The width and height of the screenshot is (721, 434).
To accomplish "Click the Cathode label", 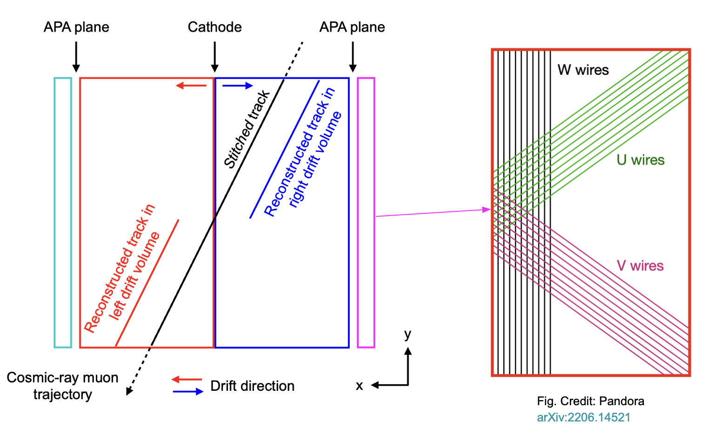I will (x=214, y=27).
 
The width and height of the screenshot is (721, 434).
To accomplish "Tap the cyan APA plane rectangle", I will (x=63, y=212).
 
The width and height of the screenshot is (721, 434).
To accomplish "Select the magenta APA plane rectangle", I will (x=366, y=212).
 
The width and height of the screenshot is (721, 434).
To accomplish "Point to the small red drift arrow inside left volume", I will (x=191, y=85).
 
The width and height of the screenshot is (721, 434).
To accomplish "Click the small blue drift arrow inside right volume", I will (x=238, y=85).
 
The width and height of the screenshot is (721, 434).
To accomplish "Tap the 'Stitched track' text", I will (x=247, y=129).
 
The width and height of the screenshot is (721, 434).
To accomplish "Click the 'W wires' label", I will (x=583, y=70).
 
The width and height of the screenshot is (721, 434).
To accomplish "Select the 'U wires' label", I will (x=640, y=160).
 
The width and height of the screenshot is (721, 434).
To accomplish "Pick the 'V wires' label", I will (x=640, y=266).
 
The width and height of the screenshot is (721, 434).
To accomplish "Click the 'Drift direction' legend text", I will (x=252, y=386).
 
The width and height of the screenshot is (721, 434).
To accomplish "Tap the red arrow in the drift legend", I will (x=187, y=379).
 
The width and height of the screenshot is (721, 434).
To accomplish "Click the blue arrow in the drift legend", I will (x=188, y=392).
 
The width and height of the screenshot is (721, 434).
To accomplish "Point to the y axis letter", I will (x=407, y=334).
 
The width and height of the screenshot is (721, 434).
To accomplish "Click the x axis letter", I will (x=359, y=386).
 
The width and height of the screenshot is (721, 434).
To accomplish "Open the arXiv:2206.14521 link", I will (x=583, y=417).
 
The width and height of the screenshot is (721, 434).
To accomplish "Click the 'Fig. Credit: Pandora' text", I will (x=590, y=401).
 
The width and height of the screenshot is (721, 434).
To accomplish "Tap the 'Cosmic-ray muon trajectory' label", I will (x=62, y=386).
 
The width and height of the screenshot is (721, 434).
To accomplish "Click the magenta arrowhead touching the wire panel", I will (x=487, y=210).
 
